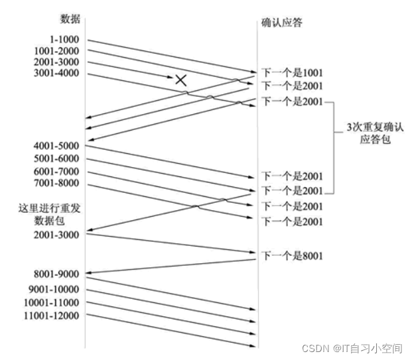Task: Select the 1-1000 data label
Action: point(64,39)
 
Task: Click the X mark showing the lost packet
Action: point(180,80)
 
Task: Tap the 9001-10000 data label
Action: point(55,288)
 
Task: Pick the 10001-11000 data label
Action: point(53,302)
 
